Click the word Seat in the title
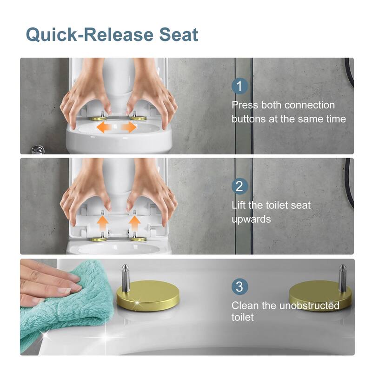click(x=179, y=34)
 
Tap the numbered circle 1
click(x=239, y=86)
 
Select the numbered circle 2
click(x=239, y=186)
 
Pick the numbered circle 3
click(x=239, y=286)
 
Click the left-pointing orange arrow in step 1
click(x=104, y=127)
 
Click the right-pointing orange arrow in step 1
click(x=129, y=127)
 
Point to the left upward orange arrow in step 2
click(x=103, y=223)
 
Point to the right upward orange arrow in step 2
click(x=134, y=223)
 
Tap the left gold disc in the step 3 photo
click(x=147, y=295)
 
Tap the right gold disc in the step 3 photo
click(x=319, y=295)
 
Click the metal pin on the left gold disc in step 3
click(x=125, y=278)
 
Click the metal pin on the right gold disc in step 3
click(x=342, y=278)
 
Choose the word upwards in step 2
click(x=251, y=219)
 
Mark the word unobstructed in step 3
click(x=309, y=306)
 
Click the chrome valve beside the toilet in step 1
click(x=38, y=149)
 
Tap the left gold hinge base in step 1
click(x=98, y=118)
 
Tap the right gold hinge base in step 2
click(x=138, y=239)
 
